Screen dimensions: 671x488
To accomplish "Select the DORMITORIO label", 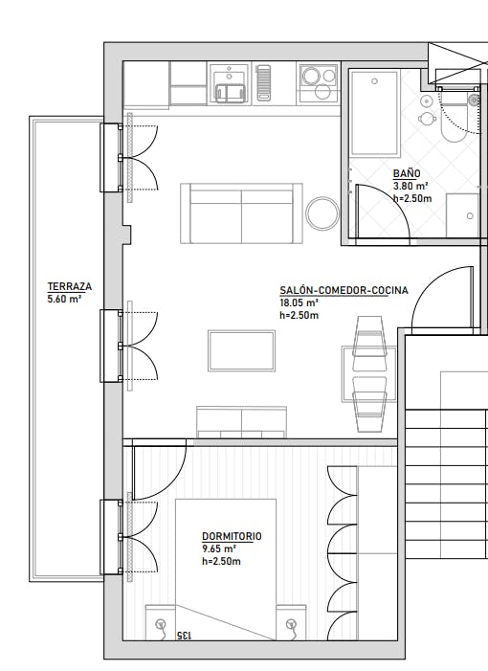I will click(232, 537).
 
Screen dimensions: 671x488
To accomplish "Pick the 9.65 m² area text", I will click(218, 549).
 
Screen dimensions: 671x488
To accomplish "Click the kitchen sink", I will click(230, 90).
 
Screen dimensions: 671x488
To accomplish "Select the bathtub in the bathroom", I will click(374, 113).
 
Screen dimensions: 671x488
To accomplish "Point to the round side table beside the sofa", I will click(322, 212).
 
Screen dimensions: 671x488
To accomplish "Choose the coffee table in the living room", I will click(242, 350).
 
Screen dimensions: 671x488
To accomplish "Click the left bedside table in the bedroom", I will click(160, 624).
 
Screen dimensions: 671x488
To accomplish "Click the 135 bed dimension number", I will click(184, 636).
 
